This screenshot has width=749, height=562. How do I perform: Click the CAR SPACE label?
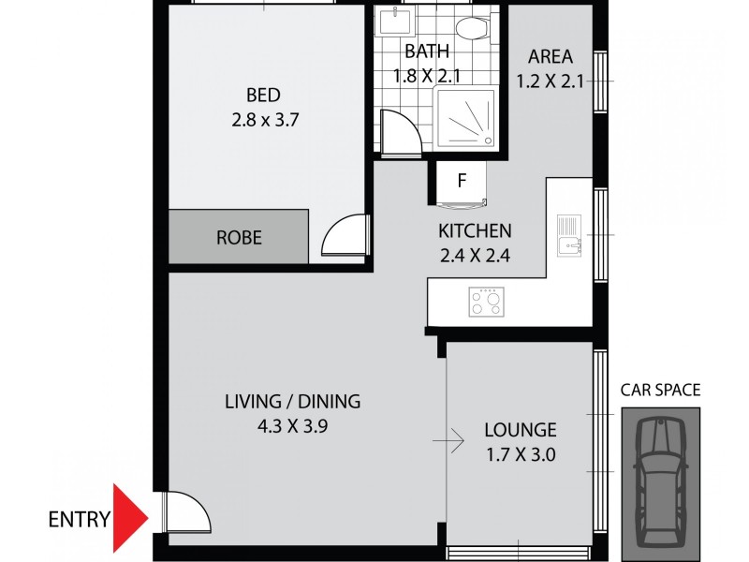pyautogui.click(x=660, y=391)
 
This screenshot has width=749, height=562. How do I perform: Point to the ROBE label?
pyautogui.click(x=239, y=238)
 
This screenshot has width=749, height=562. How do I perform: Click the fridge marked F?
pyautogui.click(x=461, y=182)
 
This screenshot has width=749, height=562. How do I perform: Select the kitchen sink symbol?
pyautogui.click(x=567, y=237)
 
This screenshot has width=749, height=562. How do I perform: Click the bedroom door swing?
pyautogui.click(x=343, y=236)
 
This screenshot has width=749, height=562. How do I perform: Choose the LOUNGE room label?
pyautogui.click(x=520, y=431)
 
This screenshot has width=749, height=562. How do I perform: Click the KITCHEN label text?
pyautogui.click(x=475, y=230)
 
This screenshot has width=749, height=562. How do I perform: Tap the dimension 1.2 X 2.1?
pyautogui.click(x=551, y=81)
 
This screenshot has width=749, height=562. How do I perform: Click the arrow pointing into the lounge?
pyautogui.click(x=453, y=438)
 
